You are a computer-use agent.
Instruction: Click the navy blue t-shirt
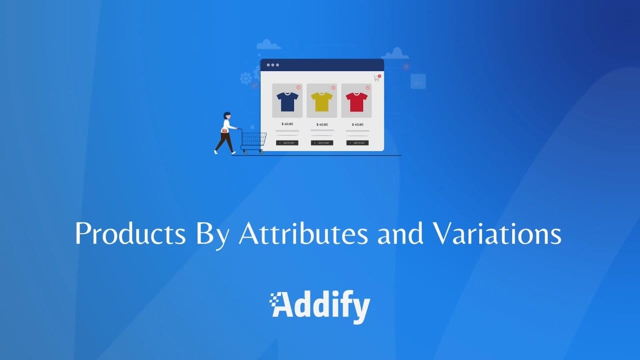click(x=287, y=101)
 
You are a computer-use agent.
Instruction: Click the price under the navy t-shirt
click(x=287, y=124)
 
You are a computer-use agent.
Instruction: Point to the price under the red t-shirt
click(x=357, y=124)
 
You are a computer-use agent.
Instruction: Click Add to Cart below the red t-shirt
click(x=357, y=143)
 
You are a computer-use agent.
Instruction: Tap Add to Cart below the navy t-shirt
click(x=287, y=143)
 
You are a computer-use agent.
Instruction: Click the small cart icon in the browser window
click(x=376, y=78)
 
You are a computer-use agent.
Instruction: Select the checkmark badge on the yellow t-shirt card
click(x=333, y=87)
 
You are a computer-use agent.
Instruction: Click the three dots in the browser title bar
click(x=273, y=65)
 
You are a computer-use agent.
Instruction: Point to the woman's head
click(x=227, y=115)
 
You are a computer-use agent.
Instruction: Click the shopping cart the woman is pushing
click(x=253, y=140)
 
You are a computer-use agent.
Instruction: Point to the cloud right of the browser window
click(x=394, y=53)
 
